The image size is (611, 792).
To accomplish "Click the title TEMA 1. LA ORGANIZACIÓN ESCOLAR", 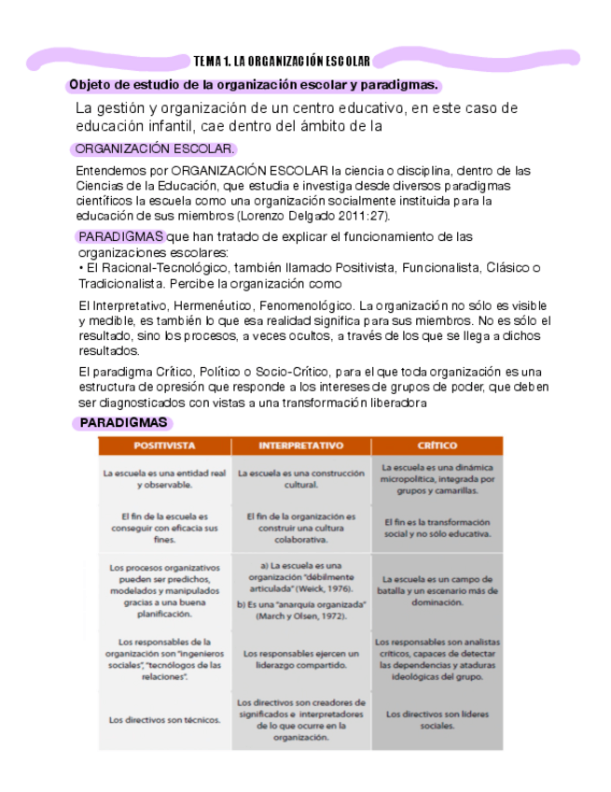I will point(282,62).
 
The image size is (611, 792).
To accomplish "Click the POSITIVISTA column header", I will point(164,446).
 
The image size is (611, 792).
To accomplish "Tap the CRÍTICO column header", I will point(437,446).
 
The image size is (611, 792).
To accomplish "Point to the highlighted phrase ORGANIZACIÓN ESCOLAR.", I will point(155,149).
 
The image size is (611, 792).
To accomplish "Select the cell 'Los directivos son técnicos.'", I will point(164,720).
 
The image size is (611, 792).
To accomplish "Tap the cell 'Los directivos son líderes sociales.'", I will point(437,720).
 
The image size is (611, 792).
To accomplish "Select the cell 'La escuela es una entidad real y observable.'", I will point(164,479).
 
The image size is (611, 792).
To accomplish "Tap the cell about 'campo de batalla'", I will point(437,591).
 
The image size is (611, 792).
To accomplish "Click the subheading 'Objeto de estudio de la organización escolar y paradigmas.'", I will point(253,86).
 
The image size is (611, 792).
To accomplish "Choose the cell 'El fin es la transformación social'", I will point(437,529).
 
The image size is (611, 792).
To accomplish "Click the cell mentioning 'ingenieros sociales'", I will point(164,660).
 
